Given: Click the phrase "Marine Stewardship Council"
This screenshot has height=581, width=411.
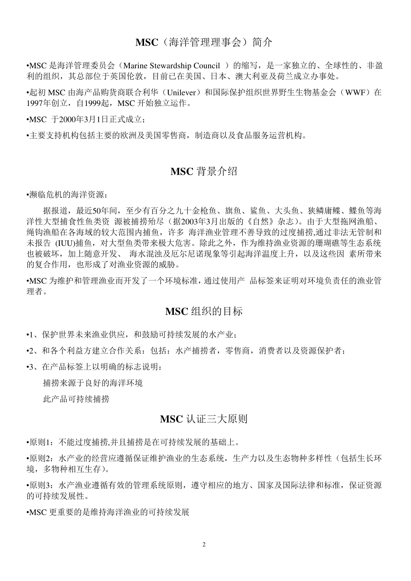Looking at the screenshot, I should (171, 66).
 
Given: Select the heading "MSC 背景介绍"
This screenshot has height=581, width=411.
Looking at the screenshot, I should (204, 171).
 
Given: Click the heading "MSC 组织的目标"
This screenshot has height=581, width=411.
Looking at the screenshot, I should (204, 311).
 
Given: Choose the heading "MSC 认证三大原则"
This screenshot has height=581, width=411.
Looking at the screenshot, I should (204, 419).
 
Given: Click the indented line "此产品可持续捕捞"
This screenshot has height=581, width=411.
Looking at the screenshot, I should (76, 399).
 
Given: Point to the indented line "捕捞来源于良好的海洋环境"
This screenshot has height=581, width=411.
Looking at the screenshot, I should (93, 383).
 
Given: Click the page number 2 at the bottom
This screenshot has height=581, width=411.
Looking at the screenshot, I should (204, 544).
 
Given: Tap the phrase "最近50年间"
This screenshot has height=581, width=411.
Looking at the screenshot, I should (98, 211).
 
